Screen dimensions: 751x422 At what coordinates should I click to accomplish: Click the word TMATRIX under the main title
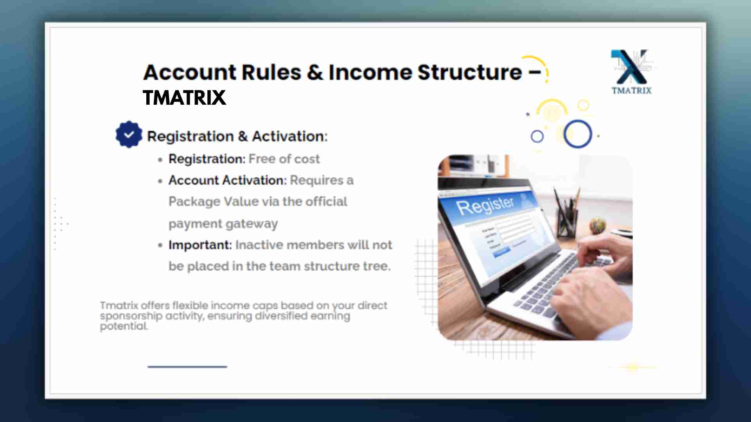(x=184, y=98)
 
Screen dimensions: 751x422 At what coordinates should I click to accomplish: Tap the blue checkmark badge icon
(x=129, y=134)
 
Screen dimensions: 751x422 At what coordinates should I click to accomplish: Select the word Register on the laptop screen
(x=485, y=205)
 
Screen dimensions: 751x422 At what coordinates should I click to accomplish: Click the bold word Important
(x=200, y=245)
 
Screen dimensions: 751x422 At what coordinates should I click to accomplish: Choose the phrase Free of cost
(x=284, y=159)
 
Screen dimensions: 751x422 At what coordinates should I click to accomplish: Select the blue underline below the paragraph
(x=187, y=367)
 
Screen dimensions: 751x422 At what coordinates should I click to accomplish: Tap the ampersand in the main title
(x=315, y=72)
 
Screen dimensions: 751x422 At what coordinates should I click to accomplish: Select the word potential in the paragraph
(x=124, y=326)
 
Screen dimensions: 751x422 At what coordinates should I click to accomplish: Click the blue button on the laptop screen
(x=501, y=252)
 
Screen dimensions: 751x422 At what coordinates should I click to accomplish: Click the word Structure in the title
(x=470, y=72)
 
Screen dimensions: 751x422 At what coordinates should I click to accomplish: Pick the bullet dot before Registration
(x=160, y=159)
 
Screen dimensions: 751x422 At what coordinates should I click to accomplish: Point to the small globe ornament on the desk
(x=597, y=225)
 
